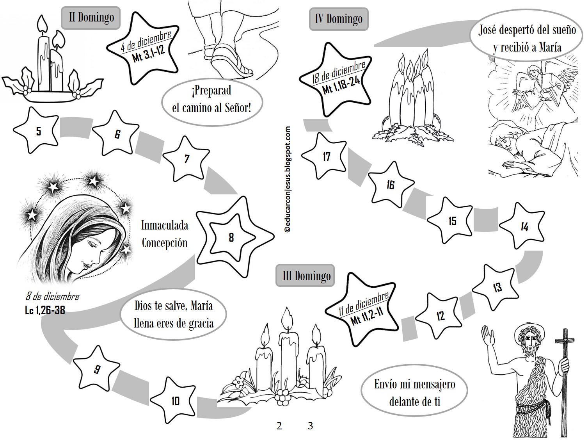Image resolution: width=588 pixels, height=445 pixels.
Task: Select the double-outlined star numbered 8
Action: [234, 237]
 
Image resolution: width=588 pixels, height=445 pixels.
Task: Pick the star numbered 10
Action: [174, 400]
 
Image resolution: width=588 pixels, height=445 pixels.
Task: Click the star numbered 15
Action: [451, 221]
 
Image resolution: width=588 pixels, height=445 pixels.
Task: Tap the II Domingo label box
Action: [91, 18]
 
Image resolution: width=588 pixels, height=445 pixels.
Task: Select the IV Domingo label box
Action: [339, 19]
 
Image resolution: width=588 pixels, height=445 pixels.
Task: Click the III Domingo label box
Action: [305, 276]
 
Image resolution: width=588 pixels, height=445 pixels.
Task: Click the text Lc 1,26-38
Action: [45, 310]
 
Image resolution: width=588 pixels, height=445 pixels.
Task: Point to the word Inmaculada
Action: [165, 226]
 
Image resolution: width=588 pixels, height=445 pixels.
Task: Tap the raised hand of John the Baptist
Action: [488, 338]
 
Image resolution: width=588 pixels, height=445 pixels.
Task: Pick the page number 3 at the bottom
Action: [310, 426]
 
